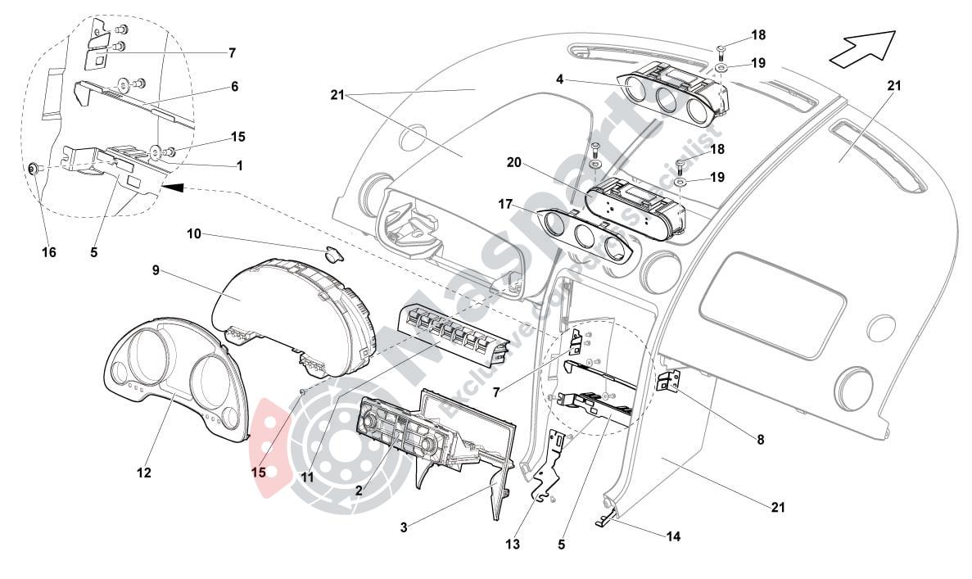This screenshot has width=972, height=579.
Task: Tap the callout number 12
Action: [145, 473]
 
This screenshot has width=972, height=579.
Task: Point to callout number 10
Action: [194, 234]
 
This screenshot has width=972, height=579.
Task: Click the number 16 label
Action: [49, 252]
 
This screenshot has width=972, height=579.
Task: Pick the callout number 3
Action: [404, 527]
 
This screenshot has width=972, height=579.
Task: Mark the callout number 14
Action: [674, 537]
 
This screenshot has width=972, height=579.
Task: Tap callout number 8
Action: [760, 440]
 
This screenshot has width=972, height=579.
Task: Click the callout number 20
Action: [513, 162]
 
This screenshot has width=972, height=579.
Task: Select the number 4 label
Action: [559, 80]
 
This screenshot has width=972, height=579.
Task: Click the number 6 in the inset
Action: [234, 85]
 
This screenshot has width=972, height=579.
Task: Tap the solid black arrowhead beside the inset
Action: [171, 188]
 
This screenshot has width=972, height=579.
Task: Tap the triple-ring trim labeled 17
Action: [585, 237]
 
